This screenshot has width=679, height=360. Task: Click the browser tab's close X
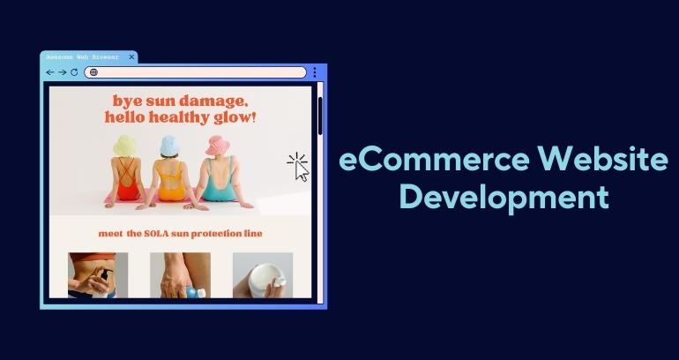(131, 56)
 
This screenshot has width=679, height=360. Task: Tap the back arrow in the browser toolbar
(50, 72)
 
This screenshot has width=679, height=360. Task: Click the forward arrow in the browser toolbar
(63, 72)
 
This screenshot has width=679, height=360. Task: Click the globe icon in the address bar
(93, 72)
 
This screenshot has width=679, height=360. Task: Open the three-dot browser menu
(315, 72)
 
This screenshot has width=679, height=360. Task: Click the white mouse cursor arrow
(302, 171)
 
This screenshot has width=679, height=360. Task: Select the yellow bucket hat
(124, 146)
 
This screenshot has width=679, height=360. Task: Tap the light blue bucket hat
(169, 146)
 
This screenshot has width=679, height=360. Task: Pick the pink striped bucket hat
(218, 145)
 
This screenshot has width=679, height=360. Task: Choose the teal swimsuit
(219, 184)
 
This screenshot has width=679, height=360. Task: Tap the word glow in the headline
(232, 118)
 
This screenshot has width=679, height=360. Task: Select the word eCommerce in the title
(434, 159)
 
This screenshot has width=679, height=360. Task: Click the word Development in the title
(504, 197)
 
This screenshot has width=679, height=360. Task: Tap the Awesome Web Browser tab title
(82, 57)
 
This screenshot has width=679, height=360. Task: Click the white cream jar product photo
(263, 275)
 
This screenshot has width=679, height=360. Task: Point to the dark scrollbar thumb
(320, 116)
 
